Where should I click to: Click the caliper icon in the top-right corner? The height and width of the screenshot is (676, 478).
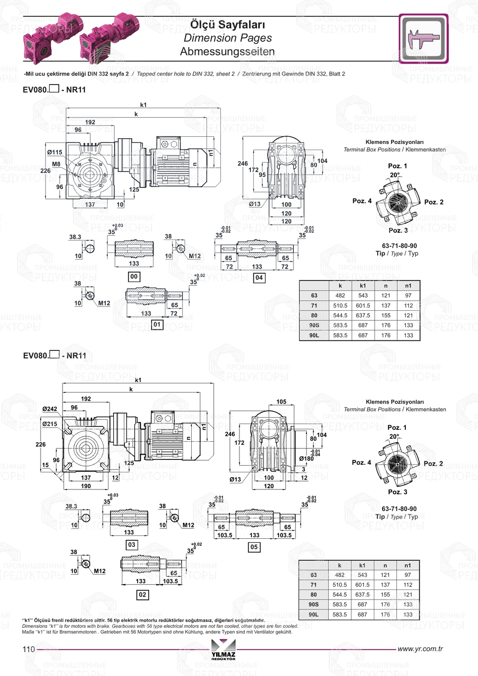423,38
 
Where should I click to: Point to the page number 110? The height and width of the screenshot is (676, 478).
29,649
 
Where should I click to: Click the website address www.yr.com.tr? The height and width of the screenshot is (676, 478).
420,649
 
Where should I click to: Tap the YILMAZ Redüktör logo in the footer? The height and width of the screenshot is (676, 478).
223,650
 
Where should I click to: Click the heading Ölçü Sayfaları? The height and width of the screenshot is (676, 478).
228,24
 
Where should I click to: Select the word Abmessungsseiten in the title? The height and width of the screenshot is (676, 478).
228,52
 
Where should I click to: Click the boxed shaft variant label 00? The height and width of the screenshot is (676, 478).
134,276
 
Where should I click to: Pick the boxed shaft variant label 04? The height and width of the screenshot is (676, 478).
259,277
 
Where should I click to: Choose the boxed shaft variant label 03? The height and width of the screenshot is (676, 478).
131,545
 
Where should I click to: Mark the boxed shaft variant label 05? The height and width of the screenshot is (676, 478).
254,547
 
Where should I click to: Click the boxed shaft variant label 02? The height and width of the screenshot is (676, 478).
142,595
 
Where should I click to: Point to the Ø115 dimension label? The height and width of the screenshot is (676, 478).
54,152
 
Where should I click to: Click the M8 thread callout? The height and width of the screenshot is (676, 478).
56,164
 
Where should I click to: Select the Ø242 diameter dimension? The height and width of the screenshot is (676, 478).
49,409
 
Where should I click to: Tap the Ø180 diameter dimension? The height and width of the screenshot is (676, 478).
306,458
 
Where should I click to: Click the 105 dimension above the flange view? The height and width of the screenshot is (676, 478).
282,402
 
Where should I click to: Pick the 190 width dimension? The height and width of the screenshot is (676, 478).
86,486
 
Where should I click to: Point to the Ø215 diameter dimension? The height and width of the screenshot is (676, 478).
49,424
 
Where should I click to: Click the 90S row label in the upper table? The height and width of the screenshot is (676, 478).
314,325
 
